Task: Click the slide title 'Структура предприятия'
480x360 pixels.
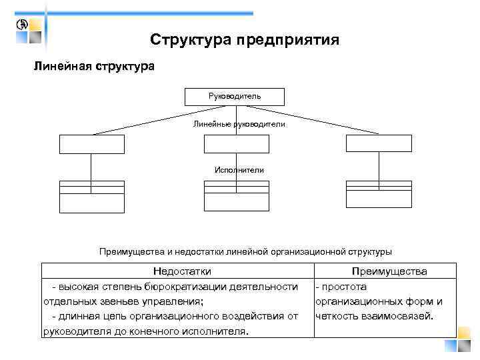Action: pyautogui.click(x=245, y=40)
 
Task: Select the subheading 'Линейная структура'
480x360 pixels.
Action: pyautogui.click(x=94, y=67)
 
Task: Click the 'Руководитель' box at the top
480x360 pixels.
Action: pyautogui.click(x=234, y=97)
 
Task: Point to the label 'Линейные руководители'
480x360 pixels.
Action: pyautogui.click(x=239, y=124)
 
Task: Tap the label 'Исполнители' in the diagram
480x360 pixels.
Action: pyautogui.click(x=239, y=170)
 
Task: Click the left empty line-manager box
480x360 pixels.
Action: pyautogui.click(x=92, y=144)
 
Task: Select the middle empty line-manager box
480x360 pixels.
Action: pyautogui.click(x=237, y=144)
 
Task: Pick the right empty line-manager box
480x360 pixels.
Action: pyautogui.click(x=378, y=144)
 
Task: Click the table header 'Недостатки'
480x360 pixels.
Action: pyautogui.click(x=182, y=271)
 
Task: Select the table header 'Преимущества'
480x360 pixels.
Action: pyautogui.click(x=389, y=271)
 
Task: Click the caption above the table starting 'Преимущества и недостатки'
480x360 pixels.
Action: pyautogui.click(x=245, y=251)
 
